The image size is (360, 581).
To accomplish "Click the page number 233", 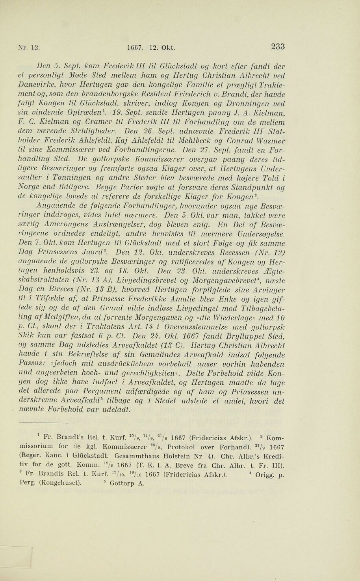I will (278, 47).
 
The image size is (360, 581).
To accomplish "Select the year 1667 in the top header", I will (135, 48).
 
